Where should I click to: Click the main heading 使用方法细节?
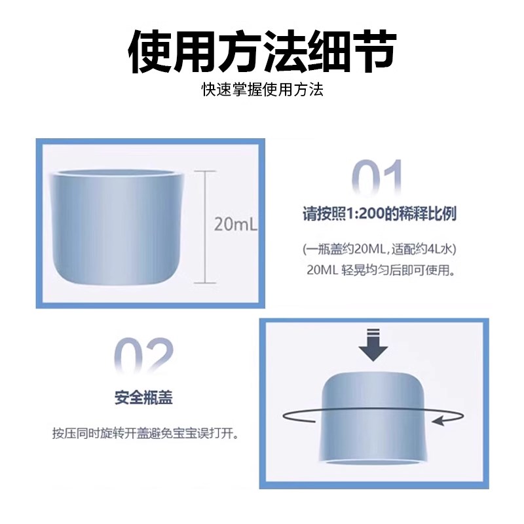[x=262, y=51]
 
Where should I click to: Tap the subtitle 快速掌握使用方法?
[x=262, y=90]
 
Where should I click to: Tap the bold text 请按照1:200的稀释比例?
[x=379, y=214]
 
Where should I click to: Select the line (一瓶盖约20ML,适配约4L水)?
[x=379, y=250]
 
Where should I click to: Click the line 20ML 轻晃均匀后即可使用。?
[x=379, y=270]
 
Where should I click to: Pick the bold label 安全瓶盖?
[x=144, y=398]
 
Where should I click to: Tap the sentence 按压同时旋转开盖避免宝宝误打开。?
[x=145, y=434]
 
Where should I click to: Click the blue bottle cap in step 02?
[x=373, y=413]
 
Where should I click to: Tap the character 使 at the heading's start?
[x=151, y=51]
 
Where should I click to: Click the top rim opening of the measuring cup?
[x=117, y=176]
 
